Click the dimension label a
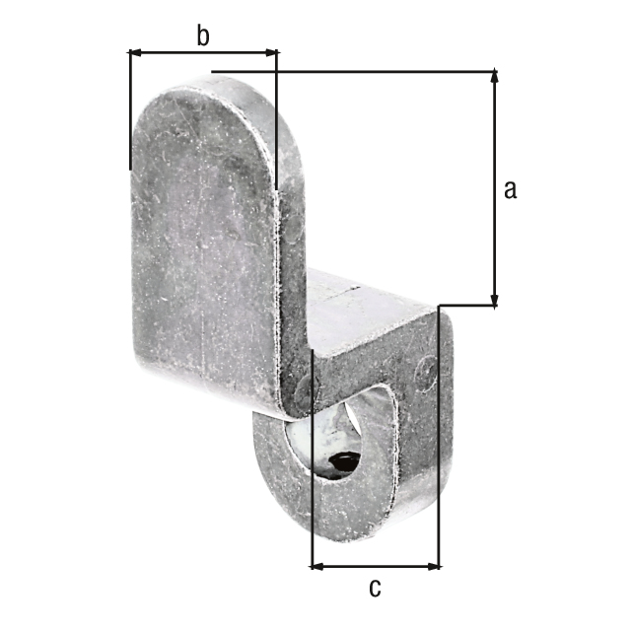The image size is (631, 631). click(x=510, y=190)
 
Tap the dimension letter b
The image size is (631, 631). click(x=202, y=36)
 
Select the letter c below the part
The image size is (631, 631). click(x=374, y=589)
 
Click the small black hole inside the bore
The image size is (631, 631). click(x=344, y=461)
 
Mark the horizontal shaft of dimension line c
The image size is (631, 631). click(x=376, y=567)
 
